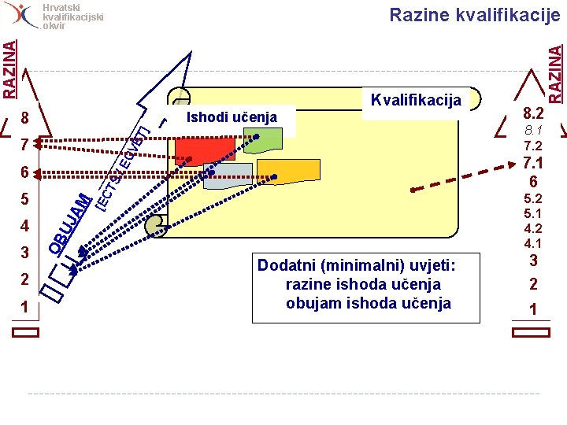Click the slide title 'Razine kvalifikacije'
(475, 15)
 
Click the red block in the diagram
(205, 149)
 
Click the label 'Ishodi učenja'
(231, 117)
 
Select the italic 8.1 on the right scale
(533, 130)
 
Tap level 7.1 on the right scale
(533, 163)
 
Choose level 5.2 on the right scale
(533, 198)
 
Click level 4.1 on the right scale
(533, 243)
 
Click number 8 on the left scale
(24, 119)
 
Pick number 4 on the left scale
(24, 227)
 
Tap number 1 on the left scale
(24, 306)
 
